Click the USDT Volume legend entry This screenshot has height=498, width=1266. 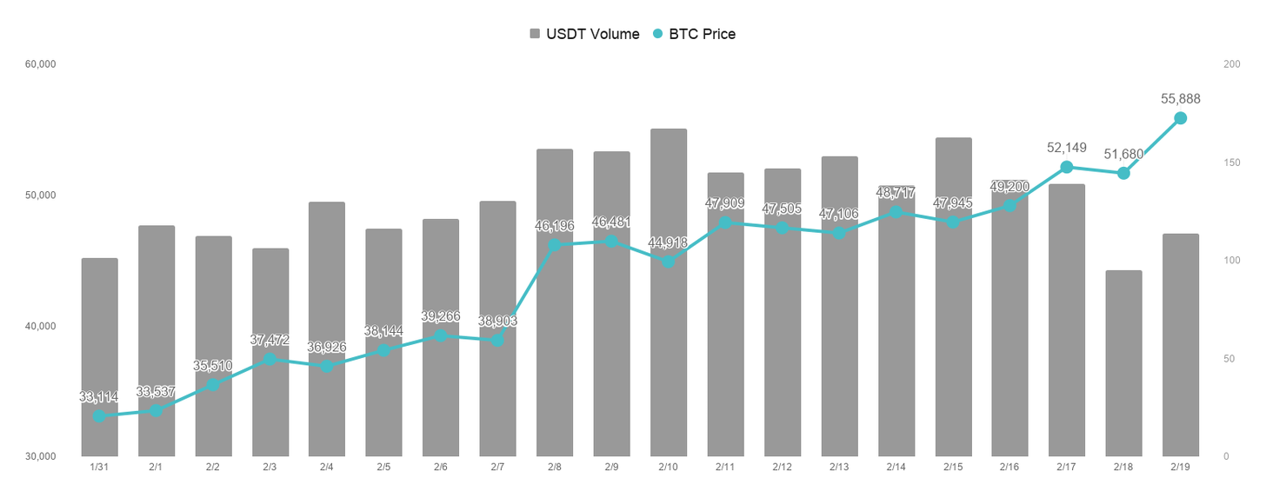point(584,34)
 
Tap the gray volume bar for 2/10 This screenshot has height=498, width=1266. point(669,293)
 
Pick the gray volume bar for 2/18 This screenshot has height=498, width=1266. point(1123,363)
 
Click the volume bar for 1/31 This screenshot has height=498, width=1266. point(99,357)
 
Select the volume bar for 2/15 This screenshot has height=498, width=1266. point(954,297)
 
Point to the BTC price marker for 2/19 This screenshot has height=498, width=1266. point(1181,118)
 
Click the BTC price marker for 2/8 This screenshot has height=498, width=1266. point(555,245)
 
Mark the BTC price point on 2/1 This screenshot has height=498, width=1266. point(156,410)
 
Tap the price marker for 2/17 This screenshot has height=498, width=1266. point(1067,167)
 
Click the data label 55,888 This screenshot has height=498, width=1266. point(1181,99)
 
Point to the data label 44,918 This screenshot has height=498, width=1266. point(668,242)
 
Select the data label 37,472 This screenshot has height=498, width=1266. point(270,340)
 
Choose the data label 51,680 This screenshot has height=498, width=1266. point(1123,154)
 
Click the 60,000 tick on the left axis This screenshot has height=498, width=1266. point(41,64)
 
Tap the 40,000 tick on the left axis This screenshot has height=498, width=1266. point(41,327)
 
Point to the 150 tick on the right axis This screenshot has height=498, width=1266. point(1232,163)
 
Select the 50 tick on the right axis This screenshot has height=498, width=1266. point(1229,359)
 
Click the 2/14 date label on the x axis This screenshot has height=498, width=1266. point(896,467)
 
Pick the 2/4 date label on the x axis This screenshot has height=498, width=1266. point(327,467)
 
